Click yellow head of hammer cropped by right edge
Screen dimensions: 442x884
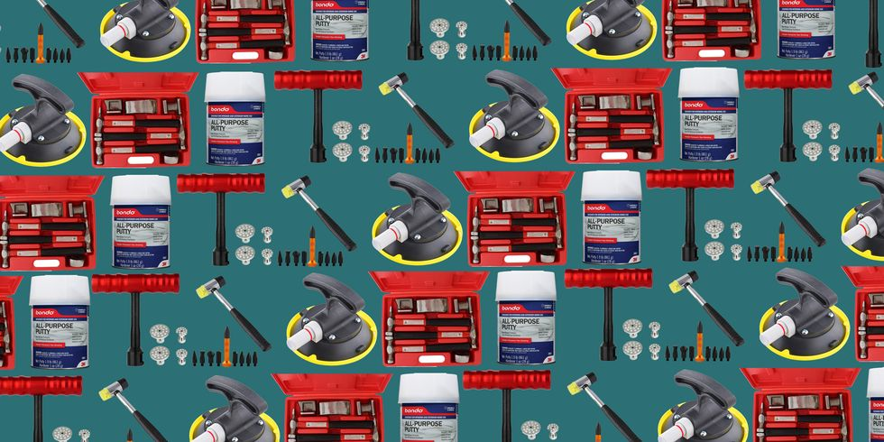[x=858, y=84]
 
